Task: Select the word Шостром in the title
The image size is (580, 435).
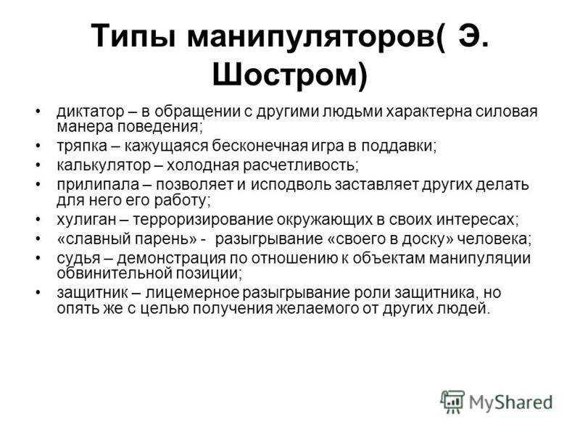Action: pyautogui.click(x=284, y=75)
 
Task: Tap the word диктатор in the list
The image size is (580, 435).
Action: pyautogui.click(x=91, y=112)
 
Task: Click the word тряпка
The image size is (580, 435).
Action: pyautogui.click(x=82, y=146)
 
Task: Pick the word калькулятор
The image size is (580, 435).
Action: pyautogui.click(x=104, y=165)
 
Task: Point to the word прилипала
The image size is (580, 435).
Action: pyautogui.click(x=98, y=184)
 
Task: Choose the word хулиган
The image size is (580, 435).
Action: pyautogui.click(x=86, y=220)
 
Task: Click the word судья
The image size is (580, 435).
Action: pyautogui.click(x=78, y=258)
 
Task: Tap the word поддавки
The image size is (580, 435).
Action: pyautogui.click(x=399, y=146)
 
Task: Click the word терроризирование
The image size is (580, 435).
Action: pyautogui.click(x=202, y=220)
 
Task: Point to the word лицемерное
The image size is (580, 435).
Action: pyautogui.click(x=192, y=293)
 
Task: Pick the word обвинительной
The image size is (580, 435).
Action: pyautogui.click(x=114, y=273)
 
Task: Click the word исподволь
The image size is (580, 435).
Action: pyautogui.click(x=291, y=184)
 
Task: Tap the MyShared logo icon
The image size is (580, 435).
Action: pyautogui.click(x=452, y=402)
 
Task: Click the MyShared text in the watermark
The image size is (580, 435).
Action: pyautogui.click(x=511, y=402)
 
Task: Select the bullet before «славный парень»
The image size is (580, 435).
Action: pyautogui.click(x=38, y=239)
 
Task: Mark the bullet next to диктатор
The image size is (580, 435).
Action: pyautogui.click(x=38, y=112)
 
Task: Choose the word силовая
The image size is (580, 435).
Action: pyautogui.click(x=506, y=112)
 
